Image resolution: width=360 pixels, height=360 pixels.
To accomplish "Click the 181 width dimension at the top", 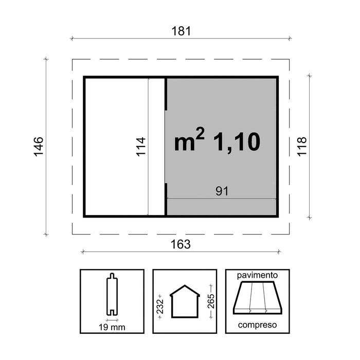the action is [x=181, y=31].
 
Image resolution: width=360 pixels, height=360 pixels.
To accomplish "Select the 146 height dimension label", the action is [x=39, y=147].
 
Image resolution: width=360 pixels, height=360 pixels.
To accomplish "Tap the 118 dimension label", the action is [x=302, y=147].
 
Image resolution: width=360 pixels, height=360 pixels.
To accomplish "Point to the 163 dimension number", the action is [x=181, y=244].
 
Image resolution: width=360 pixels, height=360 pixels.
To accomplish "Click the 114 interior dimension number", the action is [x=141, y=147].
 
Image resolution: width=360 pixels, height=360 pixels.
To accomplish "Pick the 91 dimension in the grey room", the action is [x=222, y=191].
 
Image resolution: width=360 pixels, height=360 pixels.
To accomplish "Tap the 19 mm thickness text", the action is [x=112, y=327].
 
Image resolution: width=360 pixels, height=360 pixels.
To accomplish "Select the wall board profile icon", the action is [x=112, y=294].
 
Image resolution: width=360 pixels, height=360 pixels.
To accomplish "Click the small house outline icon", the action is [x=185, y=301].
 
